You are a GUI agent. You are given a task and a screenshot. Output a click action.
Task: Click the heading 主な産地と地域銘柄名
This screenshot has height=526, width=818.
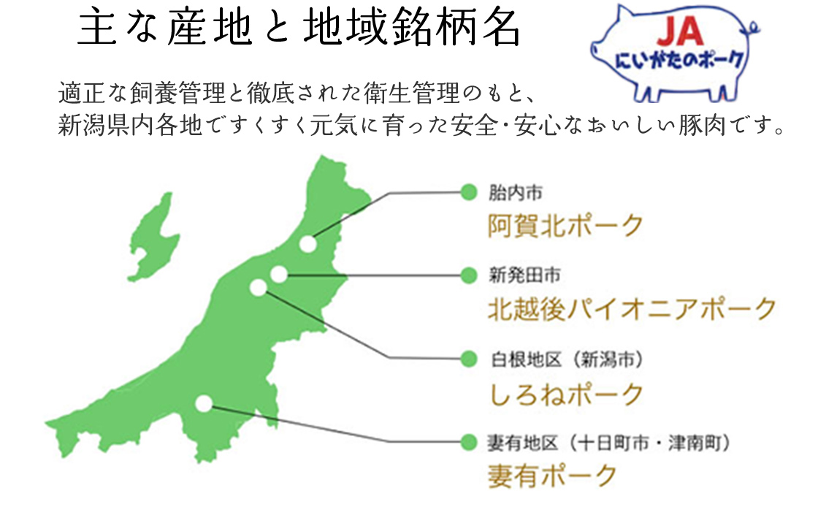pyautogui.click(x=299, y=28)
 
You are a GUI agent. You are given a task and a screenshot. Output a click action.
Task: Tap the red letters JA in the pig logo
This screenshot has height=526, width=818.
pyautogui.click(x=680, y=31)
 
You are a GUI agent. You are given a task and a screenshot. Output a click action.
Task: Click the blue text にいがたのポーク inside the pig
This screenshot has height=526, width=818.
pyautogui.click(x=679, y=60)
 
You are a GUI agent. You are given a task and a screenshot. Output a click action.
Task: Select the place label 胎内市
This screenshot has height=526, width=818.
pyautogui.click(x=516, y=193)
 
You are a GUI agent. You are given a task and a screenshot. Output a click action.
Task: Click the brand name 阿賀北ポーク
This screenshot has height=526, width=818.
pyautogui.click(x=565, y=226)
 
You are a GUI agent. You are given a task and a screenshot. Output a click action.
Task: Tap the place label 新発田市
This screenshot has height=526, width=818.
pyautogui.click(x=524, y=275)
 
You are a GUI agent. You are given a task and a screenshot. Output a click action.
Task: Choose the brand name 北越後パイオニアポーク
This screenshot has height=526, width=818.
pyautogui.click(x=632, y=308)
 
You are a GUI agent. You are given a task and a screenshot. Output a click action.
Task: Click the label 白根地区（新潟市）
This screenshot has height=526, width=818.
pyautogui.click(x=567, y=359)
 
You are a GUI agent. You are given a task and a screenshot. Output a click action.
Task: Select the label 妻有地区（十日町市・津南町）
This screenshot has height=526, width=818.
pyautogui.click(x=608, y=443)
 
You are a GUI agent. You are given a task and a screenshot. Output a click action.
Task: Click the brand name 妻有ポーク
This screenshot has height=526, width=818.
pyautogui.click(x=552, y=476)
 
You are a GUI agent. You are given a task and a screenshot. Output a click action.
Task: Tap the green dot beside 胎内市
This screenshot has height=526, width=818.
pyautogui.click(x=469, y=193)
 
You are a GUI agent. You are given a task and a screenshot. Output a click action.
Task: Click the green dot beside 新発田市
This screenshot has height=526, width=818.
pyautogui.click(x=469, y=275)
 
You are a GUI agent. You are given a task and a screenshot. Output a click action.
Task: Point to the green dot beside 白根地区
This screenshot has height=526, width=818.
pyautogui.click(x=469, y=359)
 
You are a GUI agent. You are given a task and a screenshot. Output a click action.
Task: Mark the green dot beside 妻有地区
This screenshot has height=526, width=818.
pyautogui.click(x=469, y=443)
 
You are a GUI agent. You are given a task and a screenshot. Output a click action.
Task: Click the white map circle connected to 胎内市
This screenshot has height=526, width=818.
pyautogui.click(x=307, y=244)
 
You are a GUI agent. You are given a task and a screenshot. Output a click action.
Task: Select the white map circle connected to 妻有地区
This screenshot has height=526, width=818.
pyautogui.click(x=204, y=403)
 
